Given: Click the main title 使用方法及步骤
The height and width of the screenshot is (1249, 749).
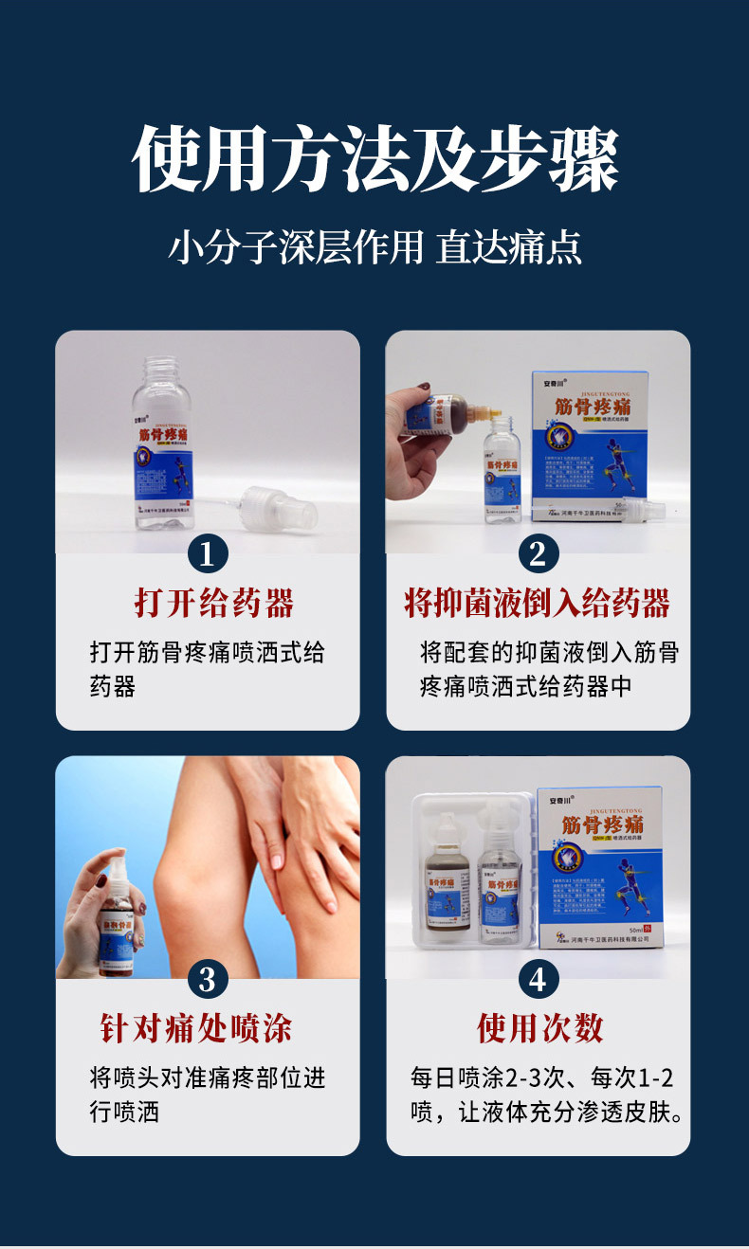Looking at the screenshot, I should point(374,158).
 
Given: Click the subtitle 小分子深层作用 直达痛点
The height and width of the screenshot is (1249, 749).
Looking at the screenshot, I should point(374,247).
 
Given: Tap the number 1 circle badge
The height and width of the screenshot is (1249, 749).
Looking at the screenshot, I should point(208,553).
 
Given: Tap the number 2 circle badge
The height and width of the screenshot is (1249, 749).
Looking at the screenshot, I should point(538,553).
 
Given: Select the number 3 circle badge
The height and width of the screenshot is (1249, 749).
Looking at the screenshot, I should point(208,979).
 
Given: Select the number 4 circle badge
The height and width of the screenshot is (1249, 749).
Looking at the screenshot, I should point(538,979).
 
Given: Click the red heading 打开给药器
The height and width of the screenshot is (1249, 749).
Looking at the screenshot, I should point(213,604).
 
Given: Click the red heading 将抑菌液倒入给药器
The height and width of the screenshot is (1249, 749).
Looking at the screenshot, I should point(538,604).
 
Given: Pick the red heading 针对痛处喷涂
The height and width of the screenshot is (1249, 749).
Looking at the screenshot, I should point(196,1028).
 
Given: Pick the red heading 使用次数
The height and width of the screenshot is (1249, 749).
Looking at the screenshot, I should point(539,1028).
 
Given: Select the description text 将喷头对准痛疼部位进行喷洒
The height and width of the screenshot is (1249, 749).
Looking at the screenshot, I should point(208,1095).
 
